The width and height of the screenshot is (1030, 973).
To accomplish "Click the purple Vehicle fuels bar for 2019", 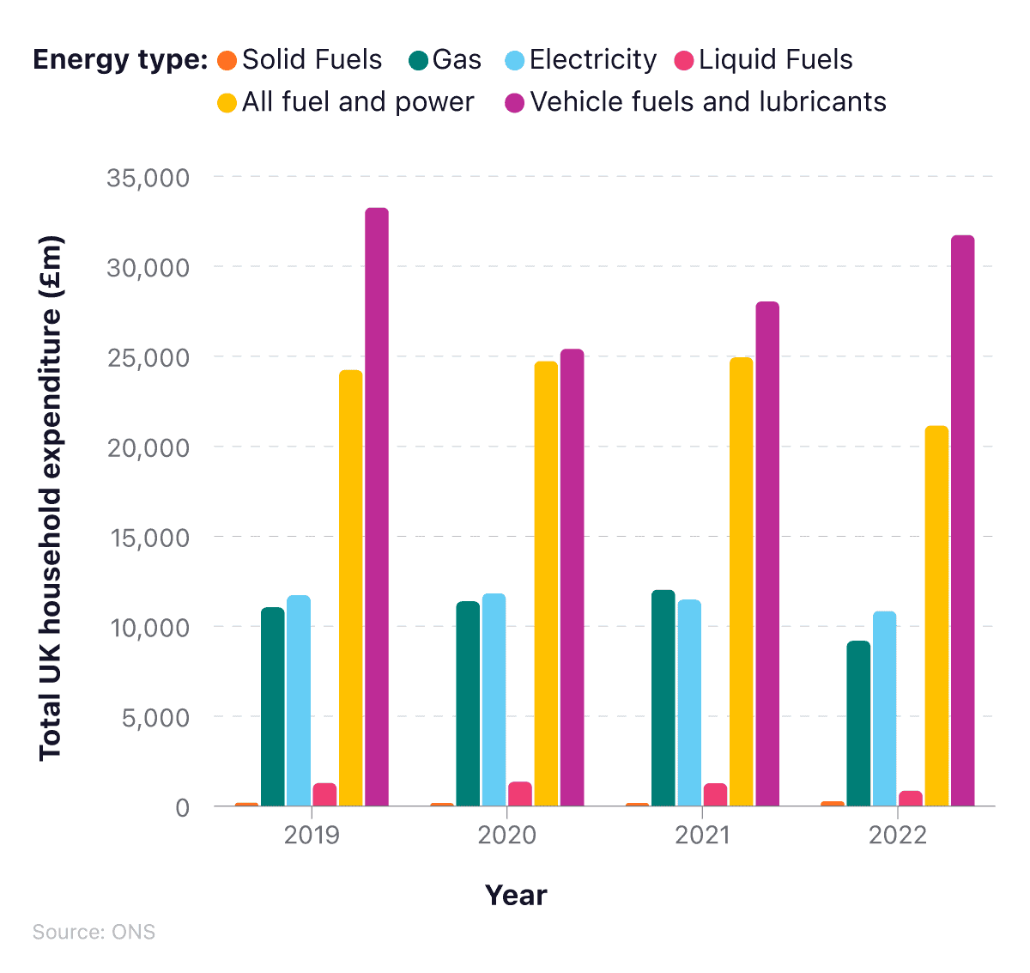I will point(377,507).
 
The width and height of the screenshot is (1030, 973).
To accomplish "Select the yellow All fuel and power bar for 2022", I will point(936,616).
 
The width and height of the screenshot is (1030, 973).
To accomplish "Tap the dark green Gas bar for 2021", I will point(663,697).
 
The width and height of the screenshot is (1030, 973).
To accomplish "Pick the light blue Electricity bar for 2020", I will point(494,700).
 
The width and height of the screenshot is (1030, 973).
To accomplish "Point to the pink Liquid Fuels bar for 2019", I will point(324,794).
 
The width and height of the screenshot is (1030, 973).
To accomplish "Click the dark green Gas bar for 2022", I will point(858,723).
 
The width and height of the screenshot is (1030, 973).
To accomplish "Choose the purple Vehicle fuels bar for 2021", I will point(767,554).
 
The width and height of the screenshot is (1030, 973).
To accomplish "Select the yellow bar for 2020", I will point(546,584).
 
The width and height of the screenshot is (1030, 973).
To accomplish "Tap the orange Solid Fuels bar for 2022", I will point(833,804).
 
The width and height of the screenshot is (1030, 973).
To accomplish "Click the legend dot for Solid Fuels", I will point(227,61).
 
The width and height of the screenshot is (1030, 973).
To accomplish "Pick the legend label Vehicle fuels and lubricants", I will point(707,102).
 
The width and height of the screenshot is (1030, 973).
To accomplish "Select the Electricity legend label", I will point(592,60).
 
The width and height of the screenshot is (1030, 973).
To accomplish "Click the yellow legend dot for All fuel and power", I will point(227,103).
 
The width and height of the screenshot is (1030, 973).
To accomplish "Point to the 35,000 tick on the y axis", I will point(148,178).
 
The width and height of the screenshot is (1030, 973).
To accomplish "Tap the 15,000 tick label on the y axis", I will point(148,538).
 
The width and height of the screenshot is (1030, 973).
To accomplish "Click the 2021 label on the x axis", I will point(702,835).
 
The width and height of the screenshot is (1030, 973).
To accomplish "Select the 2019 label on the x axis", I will point(312,835).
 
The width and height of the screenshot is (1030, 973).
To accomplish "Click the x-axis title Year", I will point(516,895).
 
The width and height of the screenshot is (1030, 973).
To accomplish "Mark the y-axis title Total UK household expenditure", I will point(51,498).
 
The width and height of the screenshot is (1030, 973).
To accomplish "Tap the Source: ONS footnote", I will point(94,933).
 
